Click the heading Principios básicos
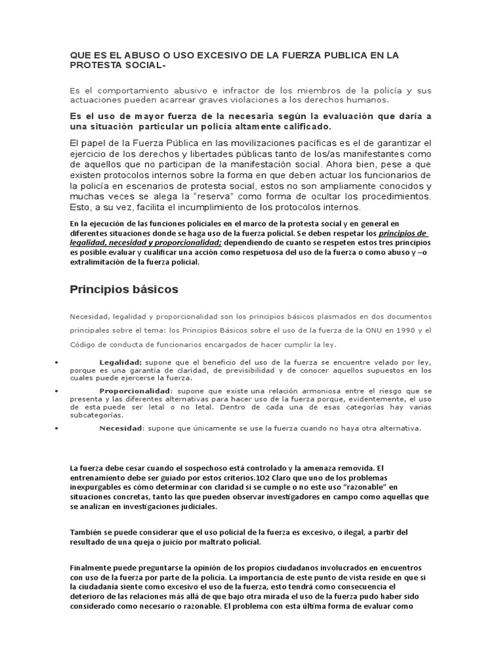click(x=124, y=289)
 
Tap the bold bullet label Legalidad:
click(x=120, y=362)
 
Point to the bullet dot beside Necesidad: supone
click(x=58, y=429)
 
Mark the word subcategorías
click(x=96, y=415)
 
